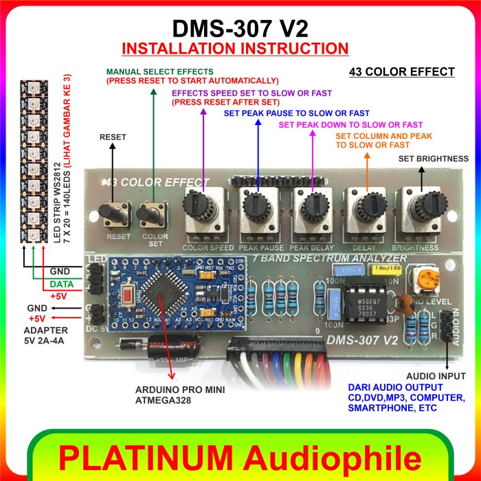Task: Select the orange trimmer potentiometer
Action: coord(417,279)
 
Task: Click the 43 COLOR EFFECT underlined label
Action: coord(401,71)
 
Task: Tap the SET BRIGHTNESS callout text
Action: coord(434,159)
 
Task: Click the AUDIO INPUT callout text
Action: coord(436,377)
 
